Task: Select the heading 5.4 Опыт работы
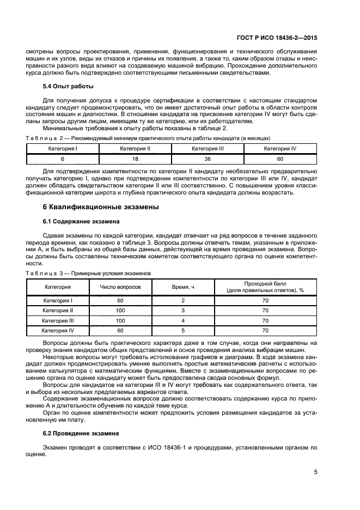point(68,87)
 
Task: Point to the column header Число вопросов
point(120,286)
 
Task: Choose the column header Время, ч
point(184,286)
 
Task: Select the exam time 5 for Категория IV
point(184,330)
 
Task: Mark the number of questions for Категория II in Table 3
point(120,310)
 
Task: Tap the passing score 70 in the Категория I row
point(265,300)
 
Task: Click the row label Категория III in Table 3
point(58,320)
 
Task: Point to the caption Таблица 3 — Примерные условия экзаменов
point(88,272)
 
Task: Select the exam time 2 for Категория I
point(184,300)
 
